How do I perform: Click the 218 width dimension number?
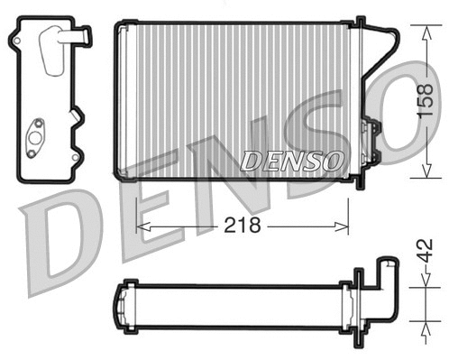click(x=242, y=225)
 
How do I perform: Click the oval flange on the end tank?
click(x=39, y=136)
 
